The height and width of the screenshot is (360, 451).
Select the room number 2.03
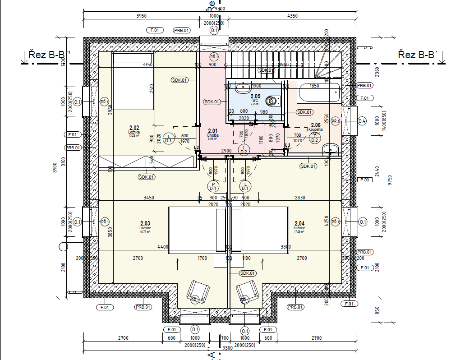coord(145,223)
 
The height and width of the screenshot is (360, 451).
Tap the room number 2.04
coord(299,223)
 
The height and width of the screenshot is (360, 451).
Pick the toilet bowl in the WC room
coord(272,100)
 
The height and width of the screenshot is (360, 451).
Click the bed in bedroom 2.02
coord(133,81)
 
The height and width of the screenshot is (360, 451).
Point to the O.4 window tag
coord(362,121)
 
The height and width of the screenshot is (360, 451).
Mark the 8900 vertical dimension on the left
coord(55,168)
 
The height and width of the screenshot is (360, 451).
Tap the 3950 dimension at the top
coord(141,16)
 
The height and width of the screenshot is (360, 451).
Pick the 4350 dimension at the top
coord(292,16)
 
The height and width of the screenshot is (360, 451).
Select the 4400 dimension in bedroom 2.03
coord(163,247)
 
